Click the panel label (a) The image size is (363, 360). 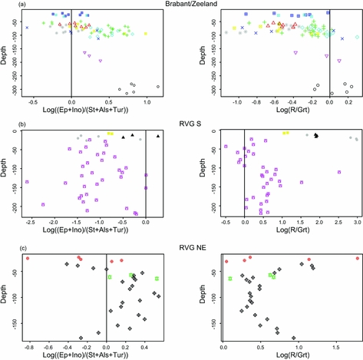coord(7,5)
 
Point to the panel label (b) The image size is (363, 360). coord(7,124)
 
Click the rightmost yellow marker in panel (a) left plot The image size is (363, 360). coord(146,33)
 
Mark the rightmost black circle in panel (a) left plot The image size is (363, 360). coord(158,87)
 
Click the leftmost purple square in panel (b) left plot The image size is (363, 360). coord(27,182)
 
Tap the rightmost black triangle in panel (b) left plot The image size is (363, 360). coord(158,136)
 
